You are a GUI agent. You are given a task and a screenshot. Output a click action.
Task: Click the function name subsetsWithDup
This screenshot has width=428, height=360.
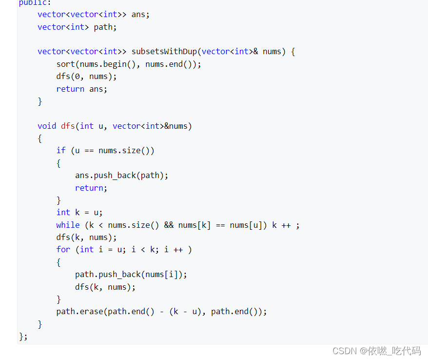164,51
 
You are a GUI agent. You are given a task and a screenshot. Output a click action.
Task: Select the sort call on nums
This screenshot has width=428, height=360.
128,64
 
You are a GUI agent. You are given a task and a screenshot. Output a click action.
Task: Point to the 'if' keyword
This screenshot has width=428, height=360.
60,150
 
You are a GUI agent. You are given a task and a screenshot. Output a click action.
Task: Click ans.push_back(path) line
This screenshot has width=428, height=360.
121,175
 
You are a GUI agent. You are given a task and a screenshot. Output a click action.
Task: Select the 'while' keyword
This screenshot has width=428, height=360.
68,225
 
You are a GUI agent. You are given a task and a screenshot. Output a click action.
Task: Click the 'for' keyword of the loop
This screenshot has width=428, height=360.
63,249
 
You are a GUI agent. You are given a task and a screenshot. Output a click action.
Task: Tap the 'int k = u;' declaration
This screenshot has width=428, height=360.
79,212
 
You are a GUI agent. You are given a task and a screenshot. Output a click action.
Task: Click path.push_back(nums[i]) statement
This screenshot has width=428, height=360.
131,274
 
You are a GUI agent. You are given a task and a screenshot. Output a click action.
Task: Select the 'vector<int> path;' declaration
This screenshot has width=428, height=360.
77,27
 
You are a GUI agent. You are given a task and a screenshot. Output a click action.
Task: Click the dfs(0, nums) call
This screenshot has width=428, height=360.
86,76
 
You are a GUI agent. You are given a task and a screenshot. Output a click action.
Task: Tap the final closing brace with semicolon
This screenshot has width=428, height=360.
23,336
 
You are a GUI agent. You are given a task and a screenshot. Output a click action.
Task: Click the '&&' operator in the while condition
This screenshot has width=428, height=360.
169,225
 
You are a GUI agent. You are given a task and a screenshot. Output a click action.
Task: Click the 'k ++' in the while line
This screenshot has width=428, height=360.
281,225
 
